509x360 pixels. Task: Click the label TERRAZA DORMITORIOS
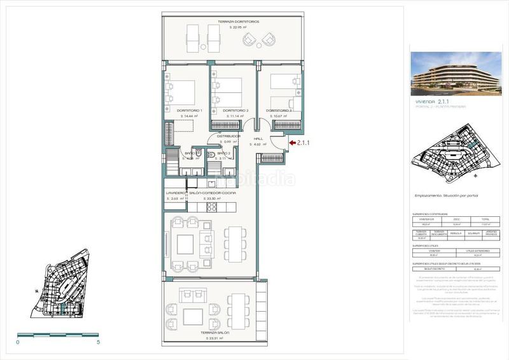(x=239, y=22)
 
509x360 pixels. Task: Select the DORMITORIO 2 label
(x=235, y=111)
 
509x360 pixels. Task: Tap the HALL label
(x=258, y=138)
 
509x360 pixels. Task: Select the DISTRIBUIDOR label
(x=228, y=136)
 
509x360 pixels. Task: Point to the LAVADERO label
(x=176, y=193)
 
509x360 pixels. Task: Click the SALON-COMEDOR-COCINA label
(x=212, y=193)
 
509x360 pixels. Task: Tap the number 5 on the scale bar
(x=99, y=342)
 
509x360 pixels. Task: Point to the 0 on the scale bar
(x=18, y=342)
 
